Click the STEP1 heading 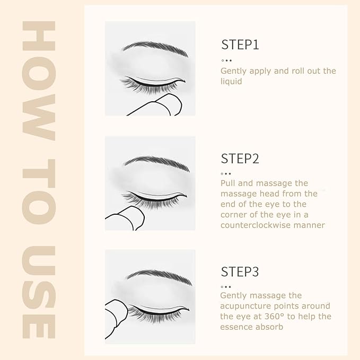(x=240, y=45)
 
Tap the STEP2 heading (x=240, y=158)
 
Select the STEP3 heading (x=240, y=272)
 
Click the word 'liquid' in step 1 (x=231, y=81)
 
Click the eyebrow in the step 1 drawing (x=155, y=48)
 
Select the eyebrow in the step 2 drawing (x=155, y=161)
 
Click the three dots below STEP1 (x=226, y=60)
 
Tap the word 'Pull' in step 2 (x=229, y=183)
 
